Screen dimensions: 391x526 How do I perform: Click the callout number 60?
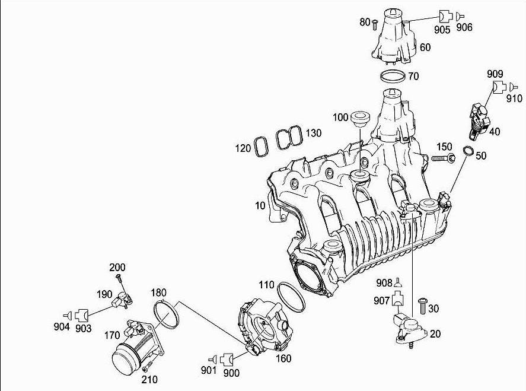[x=425, y=47]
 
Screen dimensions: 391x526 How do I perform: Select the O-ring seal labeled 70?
[x=393, y=77]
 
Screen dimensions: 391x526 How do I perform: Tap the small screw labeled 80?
[x=375, y=24]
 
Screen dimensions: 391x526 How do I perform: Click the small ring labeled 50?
[x=467, y=152]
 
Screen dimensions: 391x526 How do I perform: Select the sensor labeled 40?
[x=480, y=117]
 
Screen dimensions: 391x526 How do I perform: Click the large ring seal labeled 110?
[x=291, y=295]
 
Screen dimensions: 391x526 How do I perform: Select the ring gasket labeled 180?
[x=167, y=314]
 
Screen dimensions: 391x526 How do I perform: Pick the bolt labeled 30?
[x=423, y=306]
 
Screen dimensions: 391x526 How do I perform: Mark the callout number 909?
[x=495, y=74]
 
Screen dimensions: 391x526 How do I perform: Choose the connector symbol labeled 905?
[x=445, y=16]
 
